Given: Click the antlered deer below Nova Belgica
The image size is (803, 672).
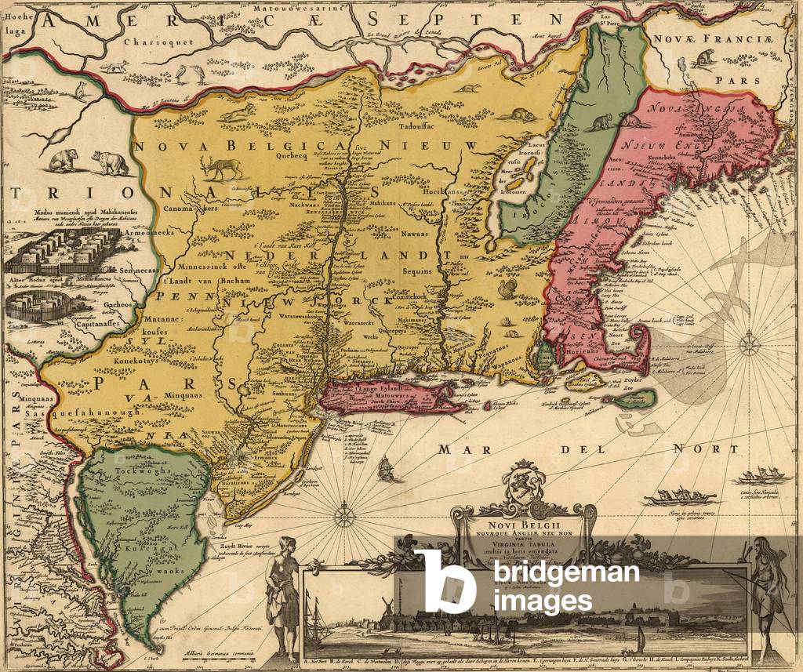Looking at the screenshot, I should [221, 169].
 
